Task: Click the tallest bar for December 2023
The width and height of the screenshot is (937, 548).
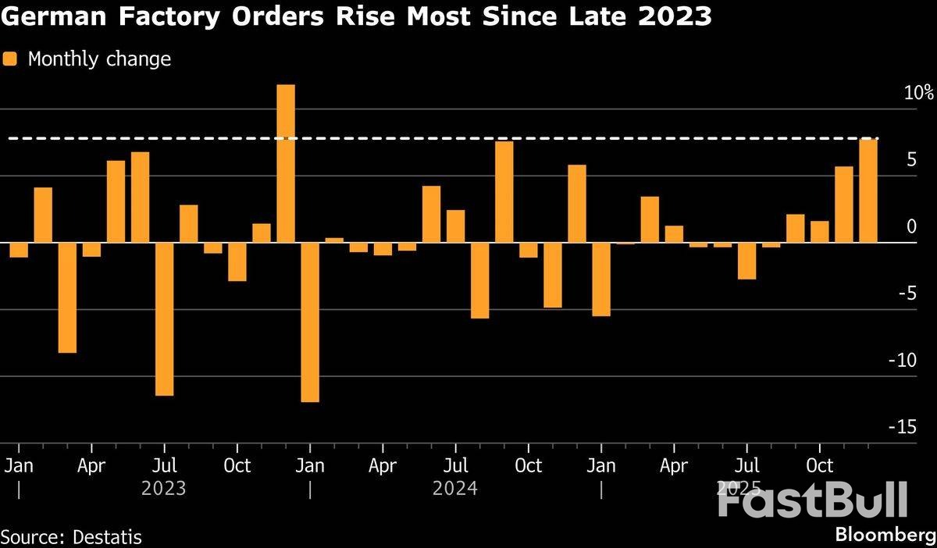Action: (x=286, y=163)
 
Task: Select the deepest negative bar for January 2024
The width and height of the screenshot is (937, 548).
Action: (x=310, y=322)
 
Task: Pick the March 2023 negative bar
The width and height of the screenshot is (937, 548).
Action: (x=67, y=297)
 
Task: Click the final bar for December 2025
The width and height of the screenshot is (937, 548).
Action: (x=868, y=190)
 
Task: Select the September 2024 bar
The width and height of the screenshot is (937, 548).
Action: (x=504, y=192)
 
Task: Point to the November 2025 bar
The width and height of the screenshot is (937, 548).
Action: (x=844, y=205)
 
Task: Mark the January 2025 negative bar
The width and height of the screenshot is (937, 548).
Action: (x=601, y=279)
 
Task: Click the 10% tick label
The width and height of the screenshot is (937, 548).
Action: (x=918, y=94)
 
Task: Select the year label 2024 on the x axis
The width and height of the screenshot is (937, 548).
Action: (x=455, y=489)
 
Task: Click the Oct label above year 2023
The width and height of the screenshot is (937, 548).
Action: (x=237, y=466)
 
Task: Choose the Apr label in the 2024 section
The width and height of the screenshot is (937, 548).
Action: (x=383, y=466)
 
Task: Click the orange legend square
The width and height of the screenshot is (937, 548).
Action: (x=10, y=59)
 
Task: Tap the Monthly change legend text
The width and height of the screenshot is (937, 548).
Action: (x=99, y=59)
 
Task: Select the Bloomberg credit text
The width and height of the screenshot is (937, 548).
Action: (x=885, y=536)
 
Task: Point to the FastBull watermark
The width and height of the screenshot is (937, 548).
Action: (x=812, y=500)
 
